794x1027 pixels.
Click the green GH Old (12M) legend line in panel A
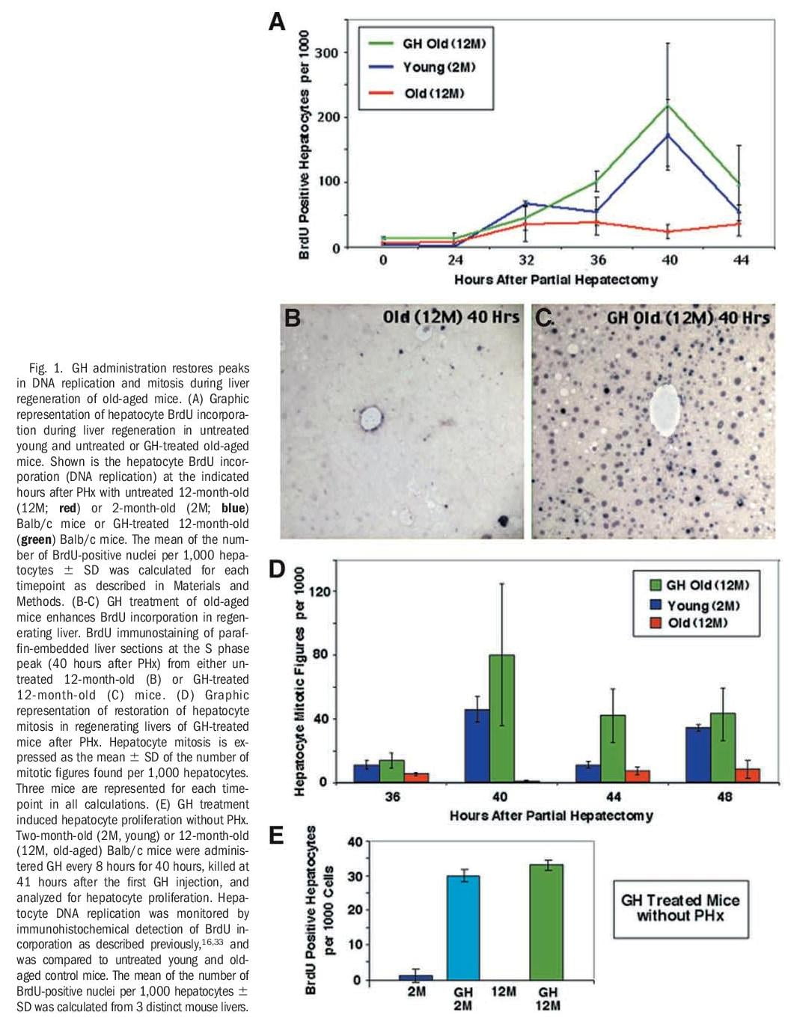pos(381,43)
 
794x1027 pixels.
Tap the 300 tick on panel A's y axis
pos(327,53)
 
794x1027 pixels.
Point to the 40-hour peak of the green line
pos(668,105)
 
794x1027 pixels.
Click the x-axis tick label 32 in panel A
pos(526,260)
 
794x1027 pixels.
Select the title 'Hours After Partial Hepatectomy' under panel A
pos(555,280)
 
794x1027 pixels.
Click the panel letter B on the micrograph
pos(293,318)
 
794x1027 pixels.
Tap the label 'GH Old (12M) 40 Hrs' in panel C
pos(687,318)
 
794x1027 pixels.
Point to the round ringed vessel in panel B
pos(370,418)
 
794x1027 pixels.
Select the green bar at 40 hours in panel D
pos(501,718)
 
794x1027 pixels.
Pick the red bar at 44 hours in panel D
pos(637,776)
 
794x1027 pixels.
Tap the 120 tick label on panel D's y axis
pos(320,592)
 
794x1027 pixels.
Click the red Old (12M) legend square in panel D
pos(656,623)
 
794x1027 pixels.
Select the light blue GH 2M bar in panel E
pos(462,927)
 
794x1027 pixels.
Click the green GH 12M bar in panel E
pos(547,922)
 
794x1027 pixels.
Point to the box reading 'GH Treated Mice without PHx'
pos(680,908)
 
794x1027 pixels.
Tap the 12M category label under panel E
pos(504,992)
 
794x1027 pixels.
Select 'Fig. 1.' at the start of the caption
pos(47,368)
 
